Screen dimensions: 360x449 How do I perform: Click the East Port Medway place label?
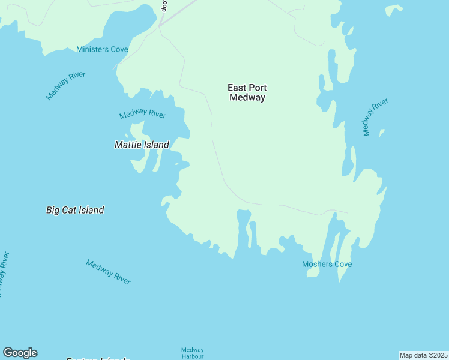(247, 92)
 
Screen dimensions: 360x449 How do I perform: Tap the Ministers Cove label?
(102, 49)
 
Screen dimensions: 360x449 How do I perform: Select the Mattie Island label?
(142, 145)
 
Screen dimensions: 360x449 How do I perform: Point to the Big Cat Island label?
(75, 210)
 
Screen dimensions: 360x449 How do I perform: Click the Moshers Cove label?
(327, 264)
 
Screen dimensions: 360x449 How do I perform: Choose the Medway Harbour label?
(193, 353)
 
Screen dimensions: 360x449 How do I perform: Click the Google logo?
(20, 353)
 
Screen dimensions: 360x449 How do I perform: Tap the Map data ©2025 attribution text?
(423, 355)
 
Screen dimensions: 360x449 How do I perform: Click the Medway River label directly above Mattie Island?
(142, 114)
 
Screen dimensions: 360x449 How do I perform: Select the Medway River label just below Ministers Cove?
(66, 85)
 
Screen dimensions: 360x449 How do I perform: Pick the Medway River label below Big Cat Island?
(108, 272)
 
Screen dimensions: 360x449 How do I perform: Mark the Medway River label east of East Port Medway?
(375, 117)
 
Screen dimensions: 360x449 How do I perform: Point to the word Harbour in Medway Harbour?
(193, 356)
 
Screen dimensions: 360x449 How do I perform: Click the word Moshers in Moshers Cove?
(317, 264)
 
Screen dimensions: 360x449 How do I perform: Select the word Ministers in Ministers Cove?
(93, 49)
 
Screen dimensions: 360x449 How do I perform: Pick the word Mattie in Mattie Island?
(127, 145)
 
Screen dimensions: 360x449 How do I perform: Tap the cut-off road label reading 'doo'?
(164, 6)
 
